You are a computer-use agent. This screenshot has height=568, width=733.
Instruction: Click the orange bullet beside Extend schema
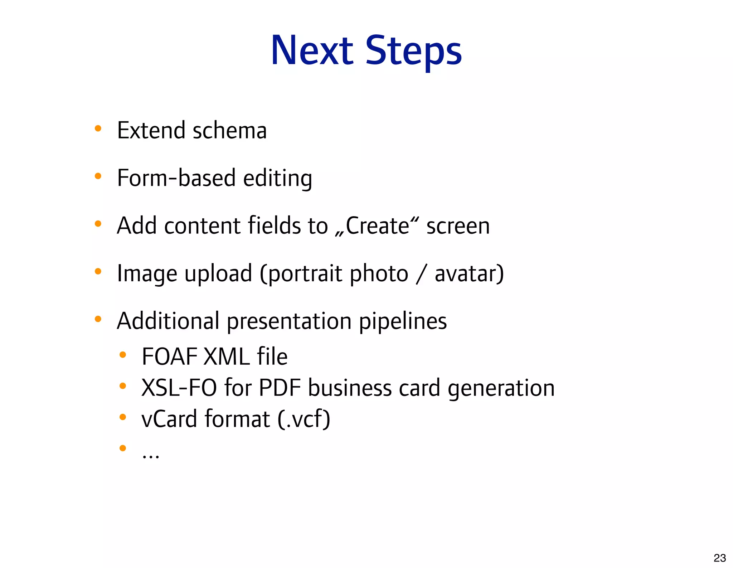[x=98, y=128]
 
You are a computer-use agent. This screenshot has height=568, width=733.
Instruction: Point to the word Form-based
[x=176, y=178]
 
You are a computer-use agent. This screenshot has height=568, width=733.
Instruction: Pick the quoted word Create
[x=377, y=226]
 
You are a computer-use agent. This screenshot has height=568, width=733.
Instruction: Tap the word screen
[x=458, y=226]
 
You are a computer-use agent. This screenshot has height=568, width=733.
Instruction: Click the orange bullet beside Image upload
[x=98, y=271]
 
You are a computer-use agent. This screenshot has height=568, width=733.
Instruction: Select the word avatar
[x=469, y=273]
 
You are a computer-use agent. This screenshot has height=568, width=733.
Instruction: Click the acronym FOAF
[x=170, y=356]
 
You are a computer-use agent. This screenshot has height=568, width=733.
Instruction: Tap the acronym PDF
[x=280, y=388]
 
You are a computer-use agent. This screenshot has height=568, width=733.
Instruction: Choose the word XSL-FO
[x=179, y=388]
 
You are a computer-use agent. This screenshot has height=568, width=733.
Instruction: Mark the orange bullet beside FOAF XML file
[x=123, y=355]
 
